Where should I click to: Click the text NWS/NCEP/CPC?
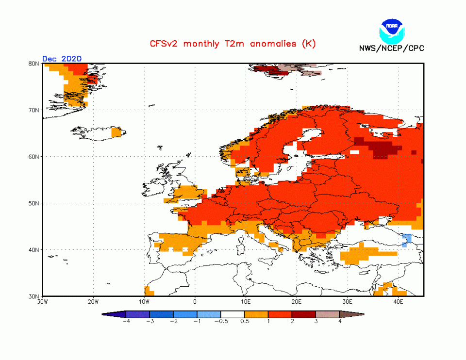pos(391,48)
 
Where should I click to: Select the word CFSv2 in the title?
pos(163,44)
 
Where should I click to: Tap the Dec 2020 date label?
pos(62,59)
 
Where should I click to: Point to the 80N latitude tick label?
pos(34,64)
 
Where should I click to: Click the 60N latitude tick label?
pos(34,157)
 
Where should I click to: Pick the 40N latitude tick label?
pos(34,250)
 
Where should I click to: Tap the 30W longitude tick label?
pos(42,302)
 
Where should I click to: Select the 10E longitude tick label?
pos(246,302)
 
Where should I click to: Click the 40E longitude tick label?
pos(399,302)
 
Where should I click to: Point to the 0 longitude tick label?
pos(195,302)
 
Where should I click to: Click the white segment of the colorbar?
pos(233,314)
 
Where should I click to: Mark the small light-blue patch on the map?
pos(407,239)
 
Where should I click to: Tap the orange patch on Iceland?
pos(116,132)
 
